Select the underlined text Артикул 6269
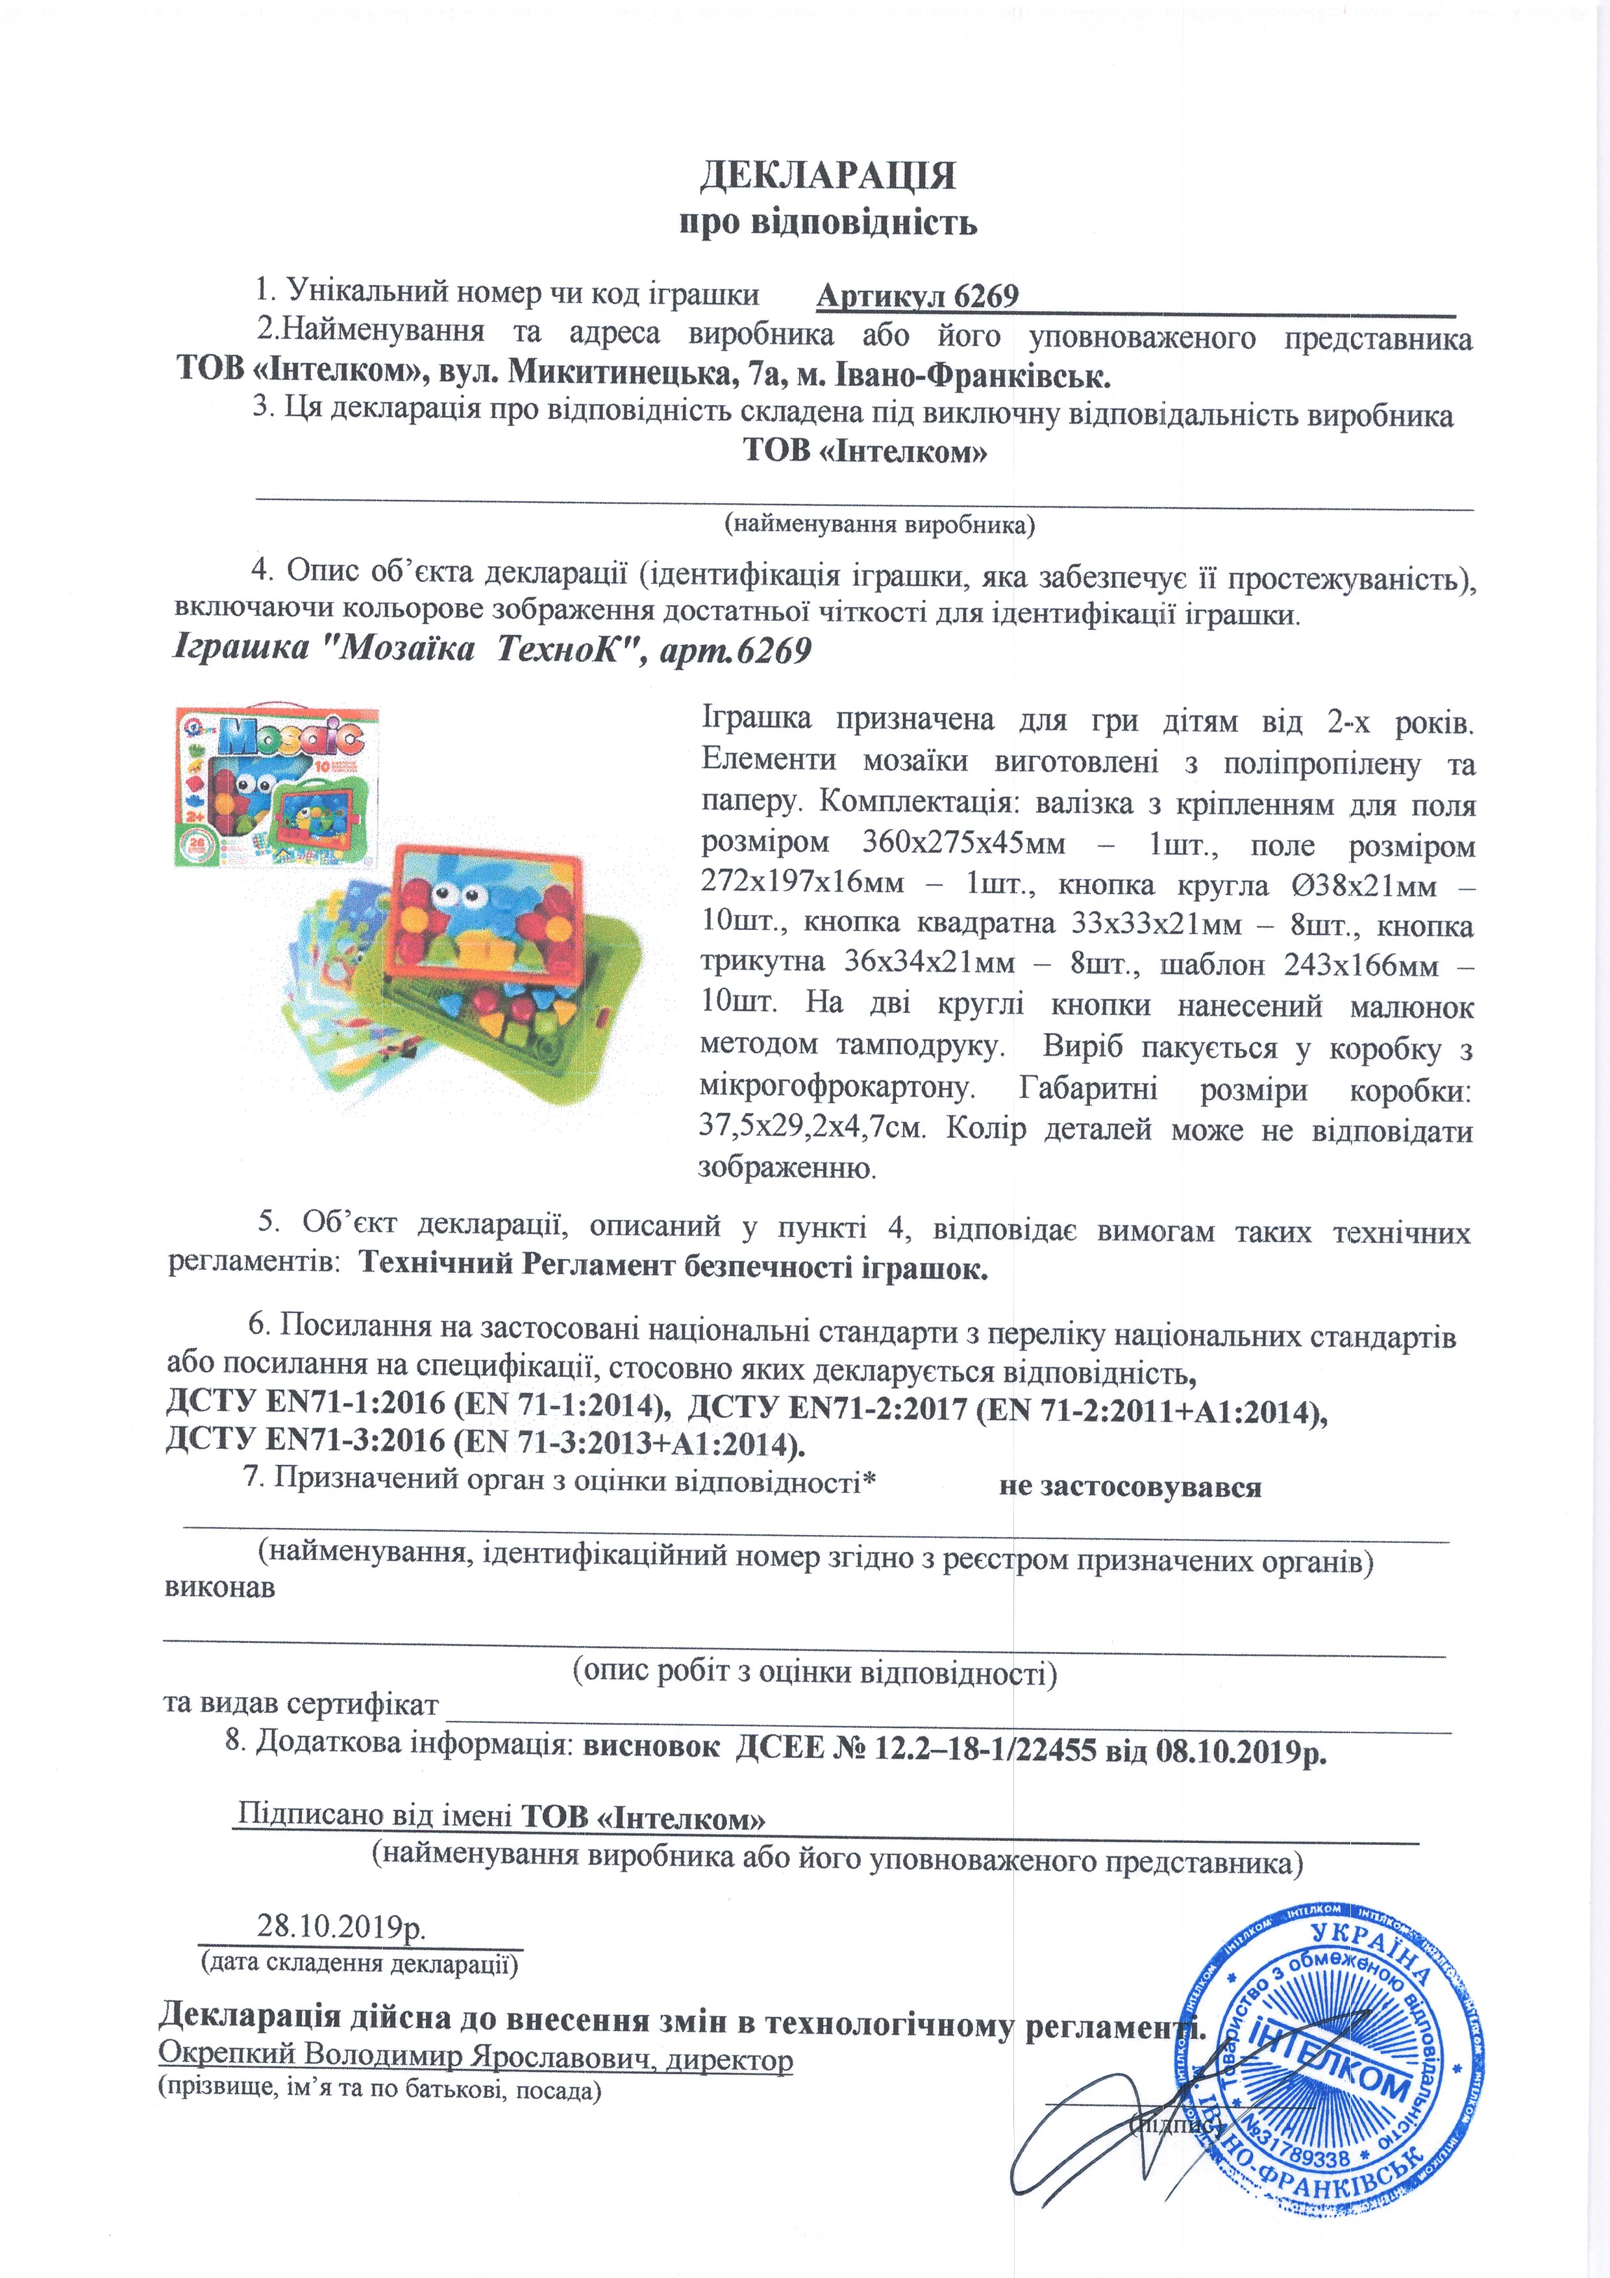click(x=917, y=297)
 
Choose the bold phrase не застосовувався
click(x=1130, y=1486)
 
